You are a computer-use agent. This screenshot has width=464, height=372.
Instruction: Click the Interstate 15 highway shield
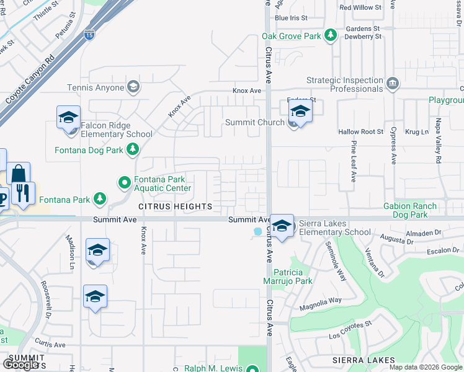coord(91,35)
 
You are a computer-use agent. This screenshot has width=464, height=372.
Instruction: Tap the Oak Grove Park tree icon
coord(331,36)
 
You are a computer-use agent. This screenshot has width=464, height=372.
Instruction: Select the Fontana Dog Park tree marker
coord(132,149)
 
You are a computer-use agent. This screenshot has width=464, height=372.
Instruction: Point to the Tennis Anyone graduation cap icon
coord(133,87)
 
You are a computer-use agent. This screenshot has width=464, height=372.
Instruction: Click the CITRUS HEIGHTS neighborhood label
coord(175,206)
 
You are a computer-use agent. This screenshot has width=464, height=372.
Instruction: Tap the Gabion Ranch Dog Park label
coord(414,210)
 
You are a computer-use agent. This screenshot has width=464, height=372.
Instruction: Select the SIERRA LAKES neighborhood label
coord(364,360)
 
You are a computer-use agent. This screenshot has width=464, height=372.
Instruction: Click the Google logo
coord(20,364)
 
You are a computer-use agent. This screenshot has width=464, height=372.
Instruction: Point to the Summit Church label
coord(254,122)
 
